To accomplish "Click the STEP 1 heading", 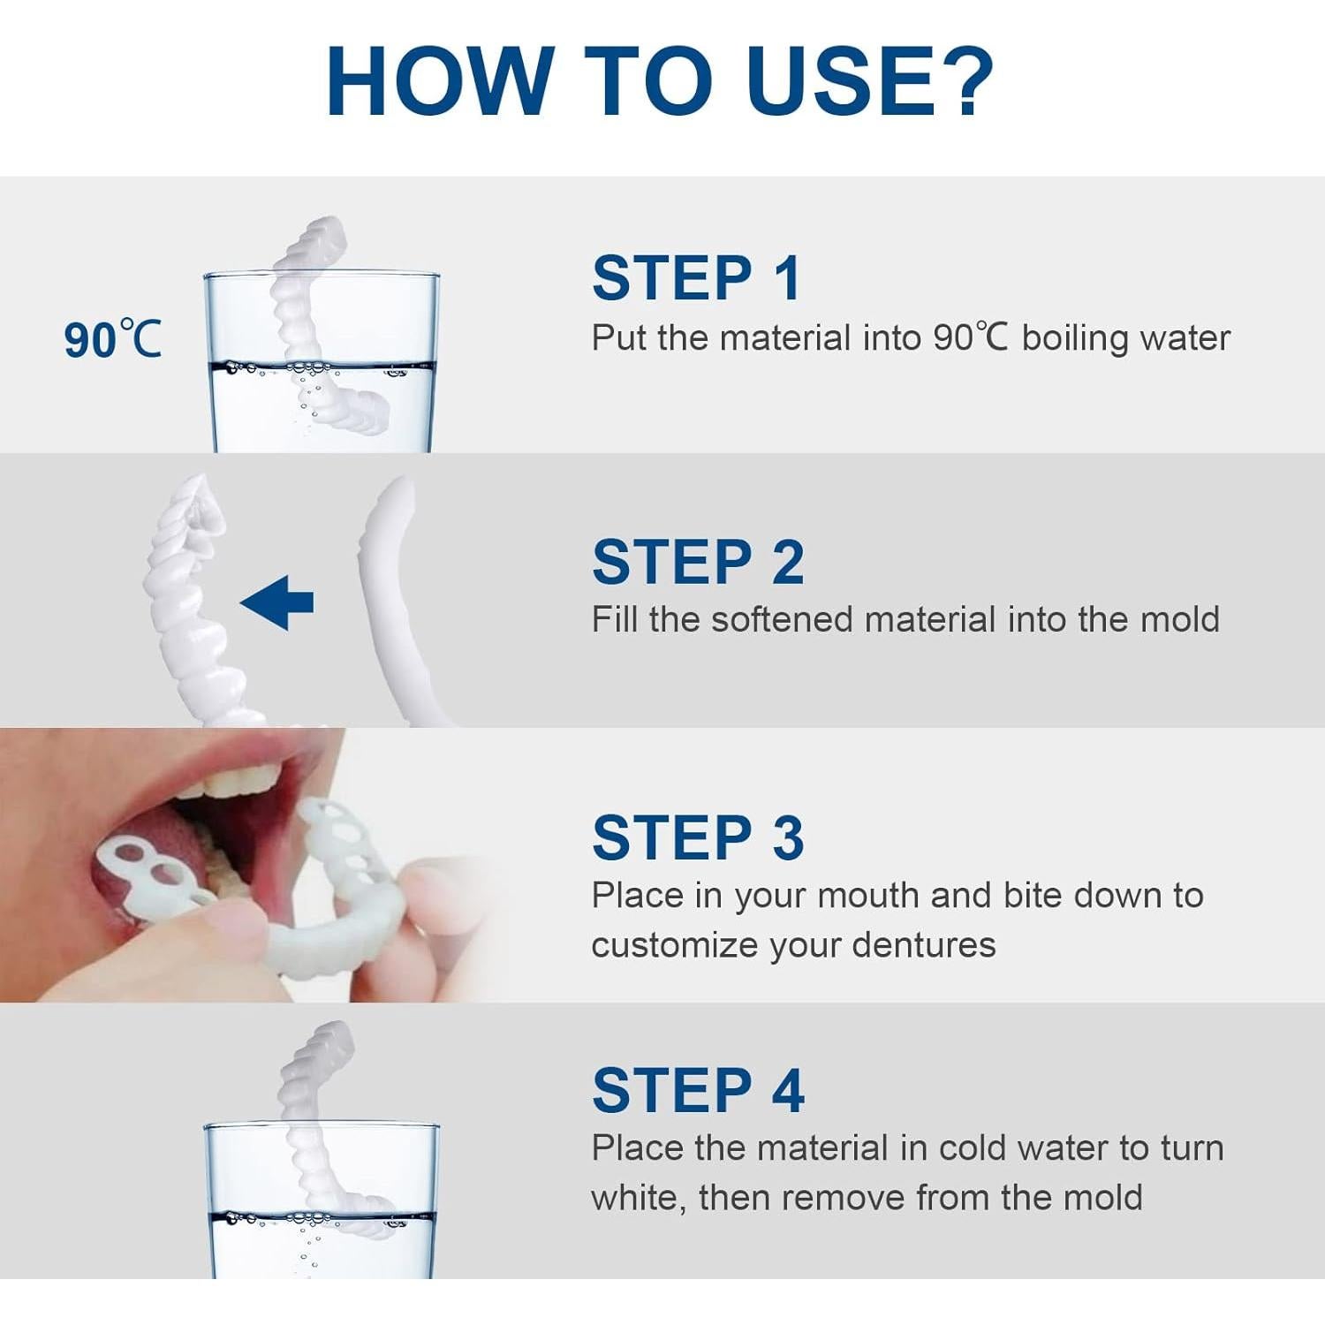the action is tap(697, 278).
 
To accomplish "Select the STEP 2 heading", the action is tap(698, 562).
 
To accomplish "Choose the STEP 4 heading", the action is tap(698, 1090).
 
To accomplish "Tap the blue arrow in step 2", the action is tap(276, 602).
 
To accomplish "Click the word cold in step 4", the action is tap(973, 1148).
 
